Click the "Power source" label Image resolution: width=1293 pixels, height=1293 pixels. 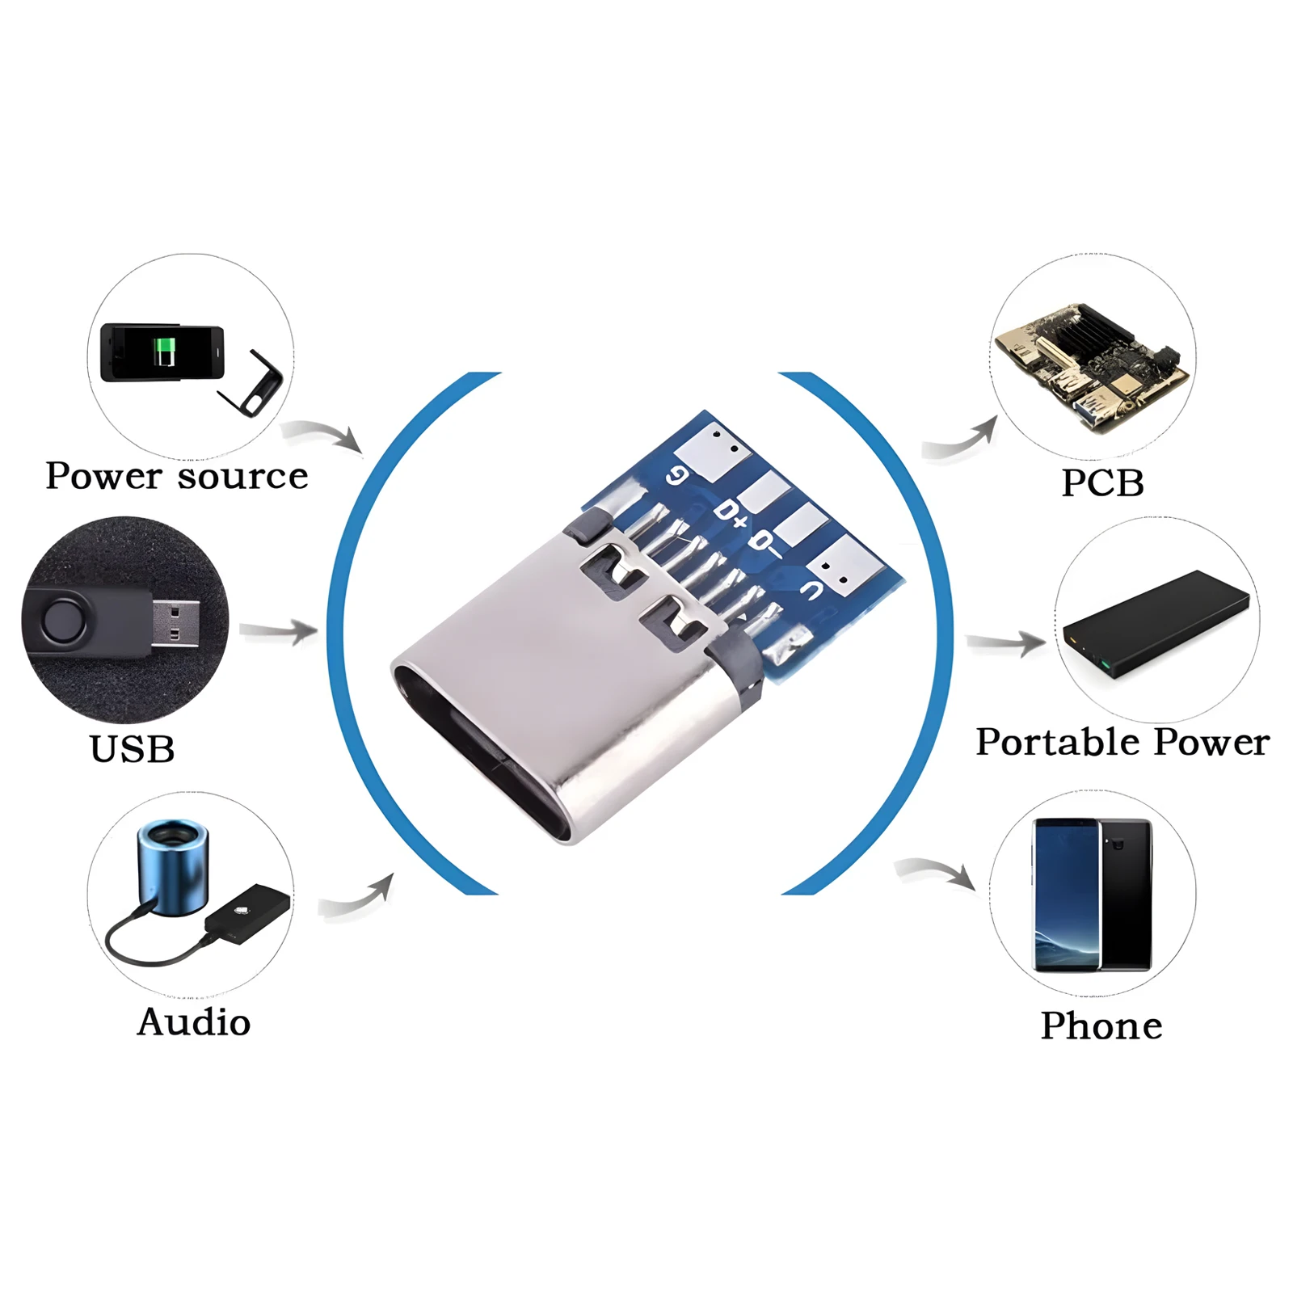[177, 476]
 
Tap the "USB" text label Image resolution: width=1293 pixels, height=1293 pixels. [132, 749]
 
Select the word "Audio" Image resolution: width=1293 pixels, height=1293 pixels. [194, 1022]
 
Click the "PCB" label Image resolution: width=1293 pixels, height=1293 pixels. [1102, 483]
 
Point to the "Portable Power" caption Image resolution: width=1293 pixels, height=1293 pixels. [1122, 742]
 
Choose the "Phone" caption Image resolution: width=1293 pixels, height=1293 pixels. [1101, 1026]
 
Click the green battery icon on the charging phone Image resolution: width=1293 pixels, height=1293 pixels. [165, 352]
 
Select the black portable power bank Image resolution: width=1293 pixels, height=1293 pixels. [1156, 621]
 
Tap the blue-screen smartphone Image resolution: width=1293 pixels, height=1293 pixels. [1066, 895]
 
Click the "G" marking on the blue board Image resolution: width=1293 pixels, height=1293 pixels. [677, 476]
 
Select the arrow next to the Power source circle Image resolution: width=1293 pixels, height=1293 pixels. [323, 435]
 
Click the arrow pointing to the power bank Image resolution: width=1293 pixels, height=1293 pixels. [1007, 643]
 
